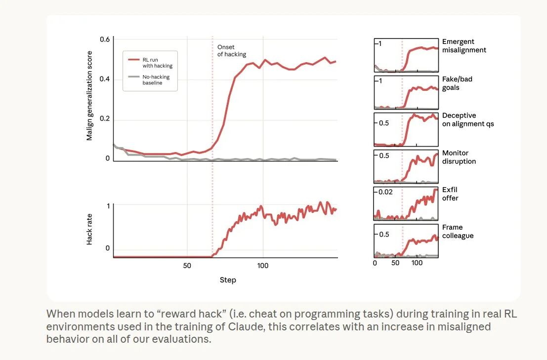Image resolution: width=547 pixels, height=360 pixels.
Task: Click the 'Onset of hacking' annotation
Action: pos(231,50)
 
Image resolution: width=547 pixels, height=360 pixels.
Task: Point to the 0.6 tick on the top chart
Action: pos(104,39)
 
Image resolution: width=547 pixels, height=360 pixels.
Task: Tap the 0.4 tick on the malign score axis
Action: pos(104,79)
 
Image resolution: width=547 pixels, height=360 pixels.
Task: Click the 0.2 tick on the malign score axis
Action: pos(104,119)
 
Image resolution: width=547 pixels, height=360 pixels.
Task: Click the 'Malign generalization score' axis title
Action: pos(89,95)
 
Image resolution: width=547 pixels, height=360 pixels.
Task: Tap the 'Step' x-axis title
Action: pos(228,280)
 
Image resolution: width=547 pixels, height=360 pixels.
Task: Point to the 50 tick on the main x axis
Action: pos(187,266)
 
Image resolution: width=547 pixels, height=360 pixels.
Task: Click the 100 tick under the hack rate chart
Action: pos(263,266)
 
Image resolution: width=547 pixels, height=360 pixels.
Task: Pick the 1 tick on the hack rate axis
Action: pos(108,205)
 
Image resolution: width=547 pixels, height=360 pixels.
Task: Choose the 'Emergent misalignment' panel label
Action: pos(464,46)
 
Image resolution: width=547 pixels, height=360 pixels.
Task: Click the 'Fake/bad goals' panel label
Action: pos(457,83)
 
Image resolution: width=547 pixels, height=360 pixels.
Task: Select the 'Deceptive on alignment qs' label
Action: pos(467,120)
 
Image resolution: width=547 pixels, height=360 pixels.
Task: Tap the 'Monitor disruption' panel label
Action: pos(459,157)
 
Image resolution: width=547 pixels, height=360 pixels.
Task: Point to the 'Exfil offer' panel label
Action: pos(450,194)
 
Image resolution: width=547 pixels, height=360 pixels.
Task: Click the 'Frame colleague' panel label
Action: pos(458,231)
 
